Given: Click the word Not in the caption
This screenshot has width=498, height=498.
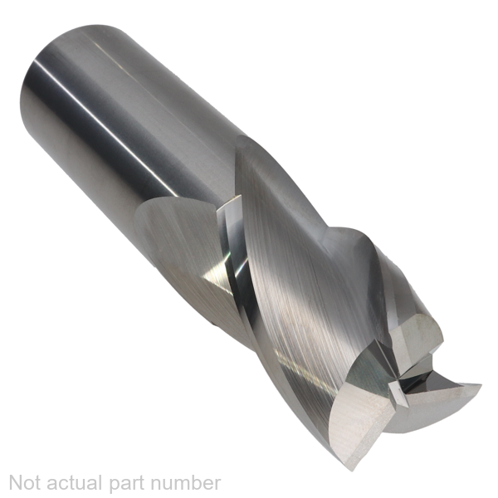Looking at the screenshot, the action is tap(27, 483).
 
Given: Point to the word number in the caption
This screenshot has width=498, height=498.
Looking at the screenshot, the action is tap(185, 483).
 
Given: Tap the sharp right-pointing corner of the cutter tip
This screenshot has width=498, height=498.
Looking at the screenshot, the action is tap(481, 384).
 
